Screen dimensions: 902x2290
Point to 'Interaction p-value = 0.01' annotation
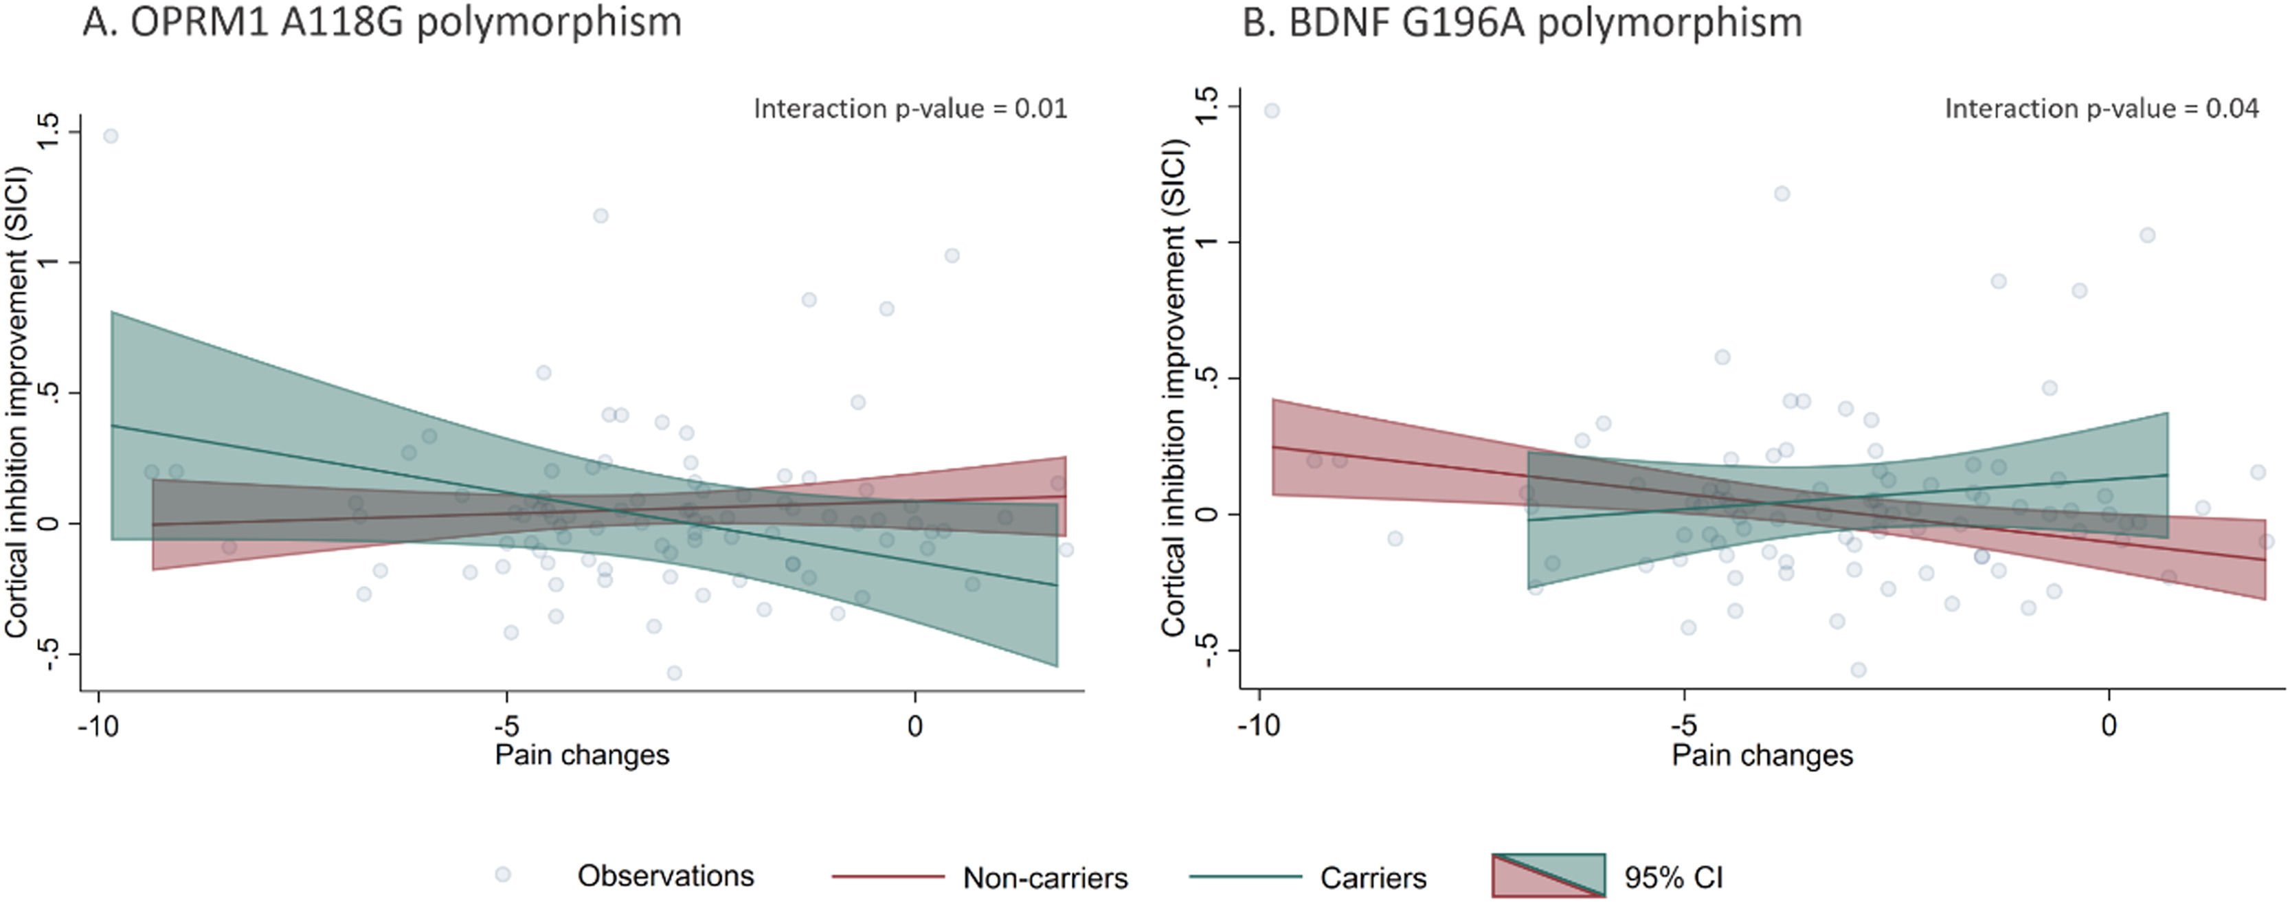point(910,109)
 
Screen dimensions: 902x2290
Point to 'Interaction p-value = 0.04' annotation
point(2102,109)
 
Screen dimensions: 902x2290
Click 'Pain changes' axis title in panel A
point(581,756)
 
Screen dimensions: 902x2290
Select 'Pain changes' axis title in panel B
point(1762,756)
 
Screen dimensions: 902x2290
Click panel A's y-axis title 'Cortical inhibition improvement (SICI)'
point(18,402)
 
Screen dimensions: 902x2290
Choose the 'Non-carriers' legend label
point(1044,878)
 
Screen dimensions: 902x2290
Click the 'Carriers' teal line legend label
point(1373,878)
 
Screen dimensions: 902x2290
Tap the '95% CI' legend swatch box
point(1549,875)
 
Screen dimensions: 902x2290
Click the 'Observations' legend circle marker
point(503,875)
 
